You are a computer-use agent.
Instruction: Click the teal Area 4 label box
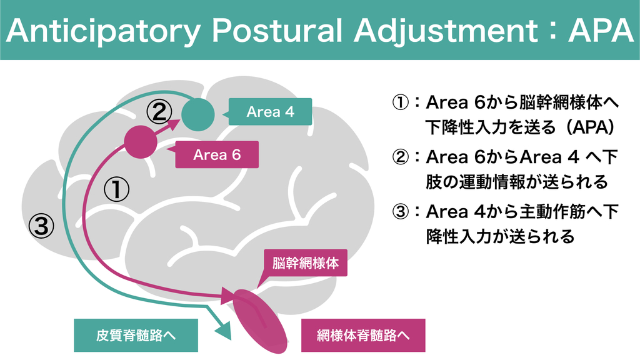coord(270,112)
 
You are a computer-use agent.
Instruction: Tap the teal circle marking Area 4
coord(199,114)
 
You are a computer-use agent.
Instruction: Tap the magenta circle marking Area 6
coord(141,142)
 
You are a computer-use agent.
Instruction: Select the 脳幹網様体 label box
coord(306,263)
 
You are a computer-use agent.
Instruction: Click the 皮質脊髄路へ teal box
coord(136,335)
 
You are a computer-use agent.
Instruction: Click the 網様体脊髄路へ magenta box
coord(363,335)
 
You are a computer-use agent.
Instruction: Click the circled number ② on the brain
coord(159,112)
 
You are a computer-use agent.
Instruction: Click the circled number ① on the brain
coord(116,189)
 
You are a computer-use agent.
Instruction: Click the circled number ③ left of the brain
coord(42,226)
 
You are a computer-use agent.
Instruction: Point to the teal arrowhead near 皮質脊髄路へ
coord(223,331)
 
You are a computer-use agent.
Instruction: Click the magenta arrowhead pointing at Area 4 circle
coord(179,124)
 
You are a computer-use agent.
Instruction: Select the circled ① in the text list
coord(400,102)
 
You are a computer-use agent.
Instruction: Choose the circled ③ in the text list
coord(400,212)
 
